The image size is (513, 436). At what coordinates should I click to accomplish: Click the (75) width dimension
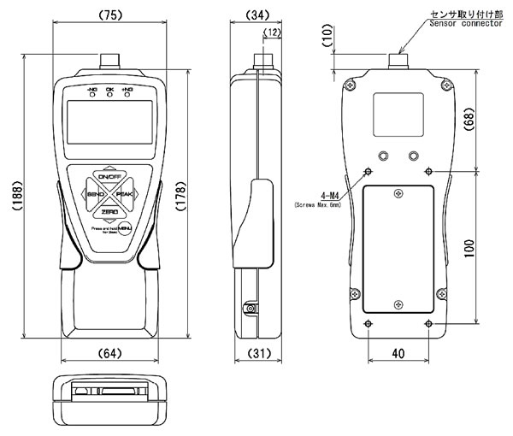point(109,14)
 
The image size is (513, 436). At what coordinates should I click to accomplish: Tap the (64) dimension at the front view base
point(109,353)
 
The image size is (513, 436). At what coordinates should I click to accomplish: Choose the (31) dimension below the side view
point(258,353)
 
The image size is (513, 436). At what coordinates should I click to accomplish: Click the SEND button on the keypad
point(95,195)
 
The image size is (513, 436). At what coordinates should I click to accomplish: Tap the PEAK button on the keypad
point(121,195)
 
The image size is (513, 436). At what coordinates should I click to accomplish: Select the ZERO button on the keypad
point(108,210)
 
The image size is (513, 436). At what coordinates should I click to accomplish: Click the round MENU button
point(126,227)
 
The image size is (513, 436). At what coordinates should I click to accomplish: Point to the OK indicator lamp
point(109,95)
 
